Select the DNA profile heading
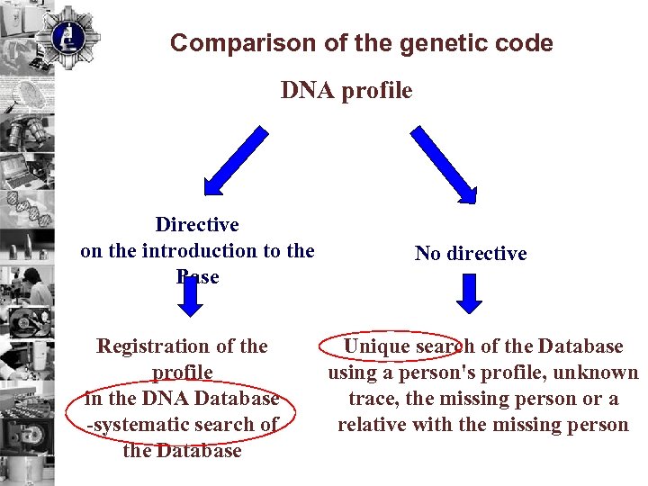point(346,91)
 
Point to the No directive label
point(471,254)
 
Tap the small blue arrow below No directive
point(469,292)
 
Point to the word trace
point(372,399)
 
